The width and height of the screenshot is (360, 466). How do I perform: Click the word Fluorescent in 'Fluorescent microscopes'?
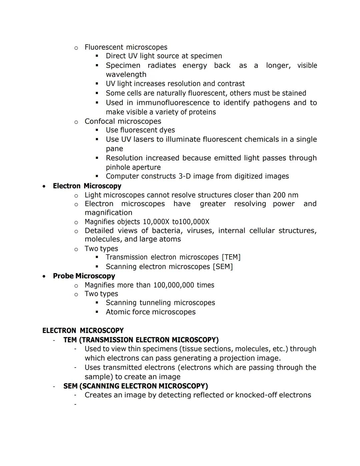(x=104, y=47)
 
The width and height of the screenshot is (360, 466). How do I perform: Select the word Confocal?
(x=99, y=121)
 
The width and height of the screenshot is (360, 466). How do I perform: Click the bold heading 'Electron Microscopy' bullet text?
(x=87, y=186)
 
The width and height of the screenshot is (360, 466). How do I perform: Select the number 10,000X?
(x=156, y=222)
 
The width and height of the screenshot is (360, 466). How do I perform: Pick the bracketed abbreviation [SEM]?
(x=223, y=267)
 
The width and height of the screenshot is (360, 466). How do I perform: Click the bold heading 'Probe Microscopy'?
(x=84, y=276)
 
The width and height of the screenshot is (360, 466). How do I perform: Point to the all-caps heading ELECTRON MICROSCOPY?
(x=83, y=331)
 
